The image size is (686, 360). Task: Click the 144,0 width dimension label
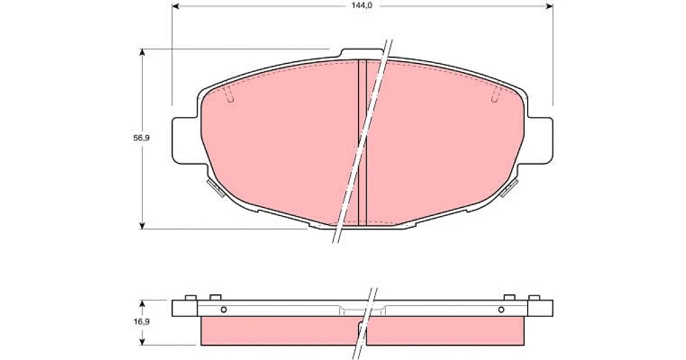362,6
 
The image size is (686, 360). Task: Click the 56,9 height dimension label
142,138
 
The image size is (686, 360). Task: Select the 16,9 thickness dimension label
142,322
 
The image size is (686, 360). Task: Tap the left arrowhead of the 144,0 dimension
176,6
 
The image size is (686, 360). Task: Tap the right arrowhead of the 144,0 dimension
549,6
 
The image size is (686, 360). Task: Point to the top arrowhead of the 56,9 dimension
142,53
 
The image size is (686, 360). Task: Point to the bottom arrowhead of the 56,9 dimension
142,226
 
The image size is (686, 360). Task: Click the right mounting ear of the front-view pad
540,141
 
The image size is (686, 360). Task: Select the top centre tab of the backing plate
361,53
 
